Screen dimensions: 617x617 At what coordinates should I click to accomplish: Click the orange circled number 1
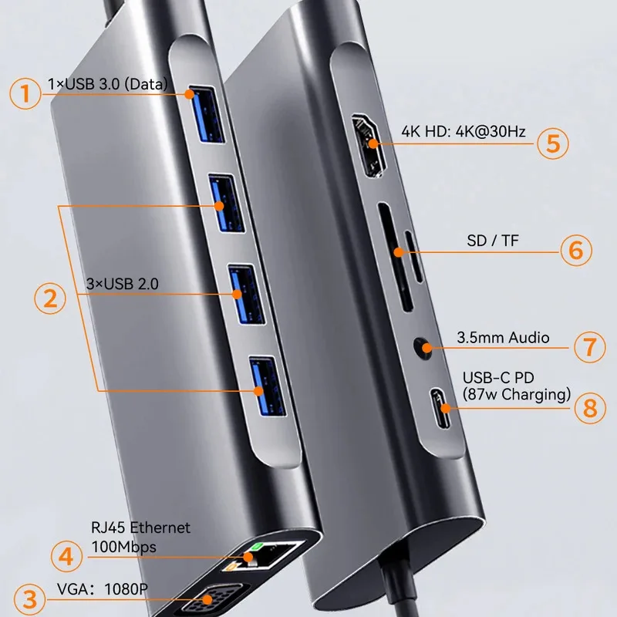(25, 95)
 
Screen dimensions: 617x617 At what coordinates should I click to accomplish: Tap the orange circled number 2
(50, 298)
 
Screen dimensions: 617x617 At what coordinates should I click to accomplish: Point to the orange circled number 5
(553, 143)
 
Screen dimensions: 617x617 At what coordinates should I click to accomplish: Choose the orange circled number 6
(575, 250)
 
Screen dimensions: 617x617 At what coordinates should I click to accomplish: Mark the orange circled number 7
(589, 346)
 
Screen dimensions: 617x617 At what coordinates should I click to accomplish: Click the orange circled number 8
(590, 406)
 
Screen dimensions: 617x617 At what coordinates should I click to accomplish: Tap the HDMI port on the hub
(369, 143)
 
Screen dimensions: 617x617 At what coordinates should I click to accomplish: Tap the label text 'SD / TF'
(493, 241)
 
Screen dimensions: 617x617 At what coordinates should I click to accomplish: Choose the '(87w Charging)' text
(516, 396)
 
